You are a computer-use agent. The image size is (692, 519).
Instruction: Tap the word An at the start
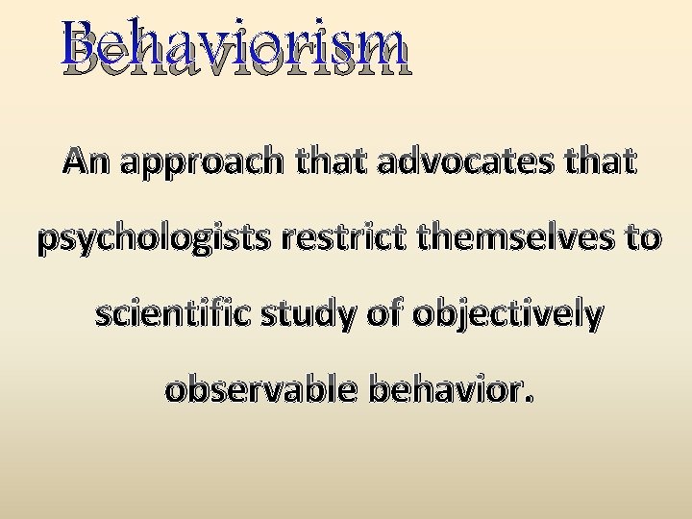tap(88, 162)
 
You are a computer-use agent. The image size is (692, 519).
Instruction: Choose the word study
tap(312, 316)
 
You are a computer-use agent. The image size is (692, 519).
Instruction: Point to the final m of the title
tap(385, 54)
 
